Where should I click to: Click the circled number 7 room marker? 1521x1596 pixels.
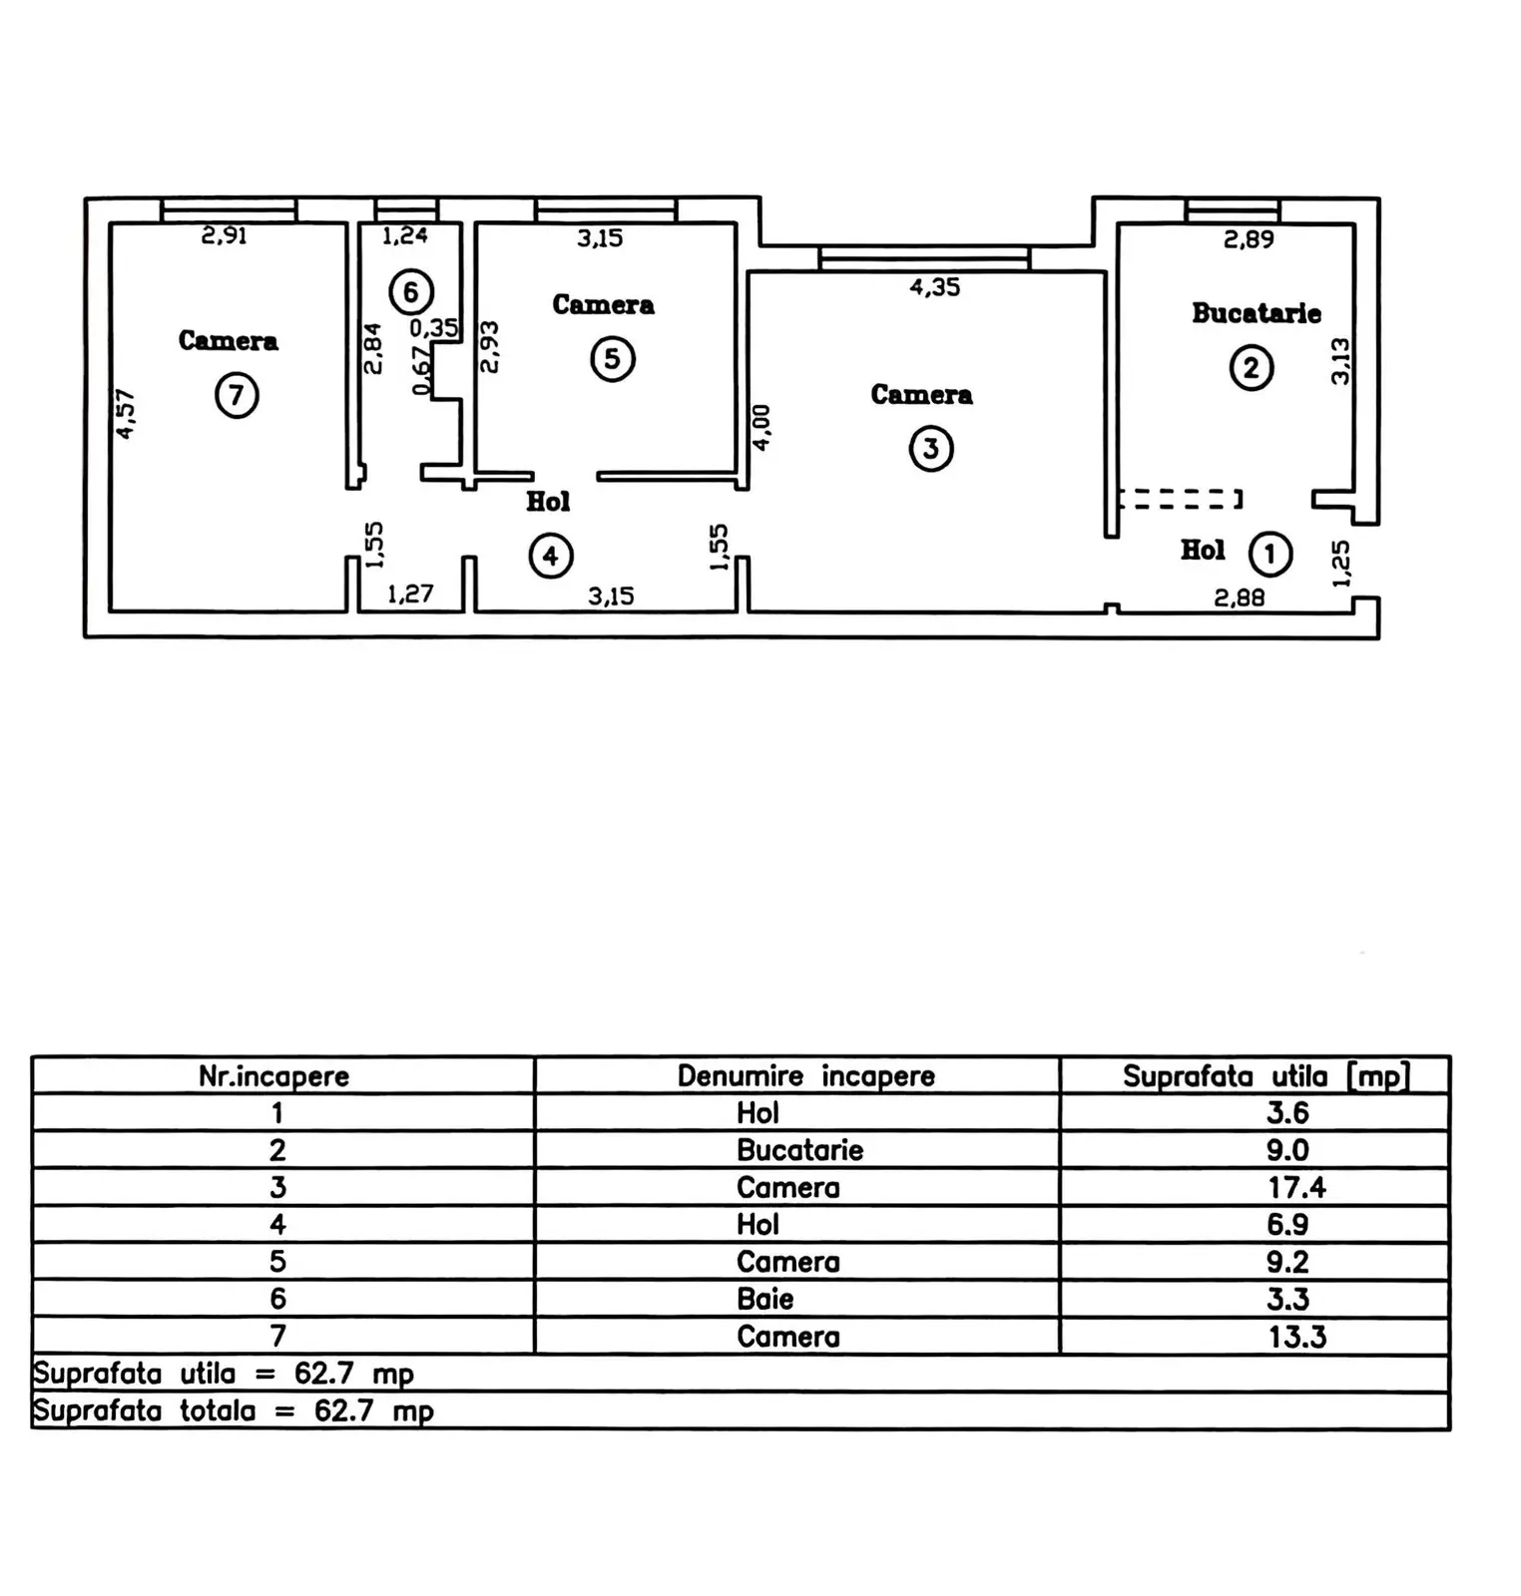pos(237,396)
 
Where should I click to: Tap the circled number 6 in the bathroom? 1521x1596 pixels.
pos(410,292)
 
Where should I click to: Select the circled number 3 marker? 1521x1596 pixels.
pos(931,449)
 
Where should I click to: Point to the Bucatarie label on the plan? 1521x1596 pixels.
pos(1257,313)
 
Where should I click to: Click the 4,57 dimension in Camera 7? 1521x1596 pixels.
pos(126,414)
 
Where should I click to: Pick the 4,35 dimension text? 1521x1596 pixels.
pos(935,287)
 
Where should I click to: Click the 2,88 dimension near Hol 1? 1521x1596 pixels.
pos(1240,598)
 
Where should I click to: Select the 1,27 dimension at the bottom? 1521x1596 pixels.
pos(410,595)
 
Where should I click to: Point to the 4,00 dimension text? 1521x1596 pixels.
pos(760,428)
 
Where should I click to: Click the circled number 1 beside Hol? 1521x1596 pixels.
pos(1269,554)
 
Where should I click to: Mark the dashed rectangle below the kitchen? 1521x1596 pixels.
pos(1180,499)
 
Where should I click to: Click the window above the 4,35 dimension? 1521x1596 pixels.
pos(924,259)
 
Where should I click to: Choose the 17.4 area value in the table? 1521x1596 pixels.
pos(1296,1187)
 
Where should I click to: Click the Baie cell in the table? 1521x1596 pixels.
pos(765,1299)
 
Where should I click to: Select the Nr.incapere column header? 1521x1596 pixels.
pos(274,1076)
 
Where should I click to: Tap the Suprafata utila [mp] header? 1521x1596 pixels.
pos(1267,1075)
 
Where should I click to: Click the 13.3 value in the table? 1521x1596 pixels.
pos(1297,1337)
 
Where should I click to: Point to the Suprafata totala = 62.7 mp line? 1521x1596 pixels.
pos(234,1411)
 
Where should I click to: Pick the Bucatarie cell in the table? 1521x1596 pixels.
pos(799,1150)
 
